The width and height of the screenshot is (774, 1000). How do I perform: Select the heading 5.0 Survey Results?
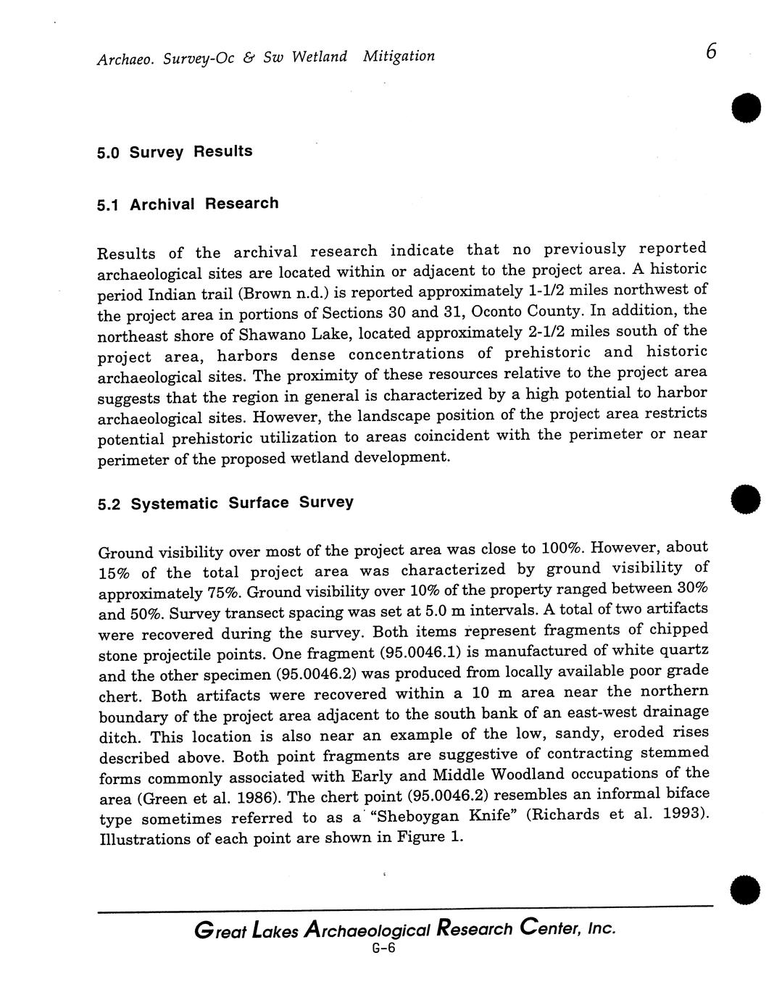point(175,152)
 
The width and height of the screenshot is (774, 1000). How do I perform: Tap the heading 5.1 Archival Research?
point(188,204)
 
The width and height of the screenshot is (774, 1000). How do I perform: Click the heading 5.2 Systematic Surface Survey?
point(225,503)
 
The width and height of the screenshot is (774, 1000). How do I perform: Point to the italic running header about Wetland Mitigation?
point(265,57)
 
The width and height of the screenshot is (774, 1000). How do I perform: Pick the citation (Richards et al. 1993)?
point(617,814)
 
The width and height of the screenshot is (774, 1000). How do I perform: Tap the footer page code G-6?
point(383,949)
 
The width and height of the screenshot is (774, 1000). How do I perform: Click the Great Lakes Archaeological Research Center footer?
point(405,929)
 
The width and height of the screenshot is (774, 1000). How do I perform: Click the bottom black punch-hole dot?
point(746,889)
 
